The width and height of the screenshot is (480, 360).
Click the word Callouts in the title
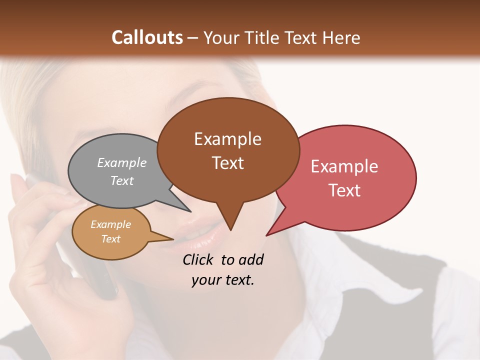147,37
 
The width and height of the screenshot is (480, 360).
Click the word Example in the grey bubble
122,162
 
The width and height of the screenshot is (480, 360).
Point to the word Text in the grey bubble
122,180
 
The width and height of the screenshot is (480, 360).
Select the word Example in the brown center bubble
227,139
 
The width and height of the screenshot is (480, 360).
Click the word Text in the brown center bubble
227,163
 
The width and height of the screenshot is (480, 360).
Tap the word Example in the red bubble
344,166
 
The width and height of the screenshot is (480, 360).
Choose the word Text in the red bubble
344,190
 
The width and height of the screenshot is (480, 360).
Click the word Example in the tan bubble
110,224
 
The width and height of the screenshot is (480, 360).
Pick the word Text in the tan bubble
110,239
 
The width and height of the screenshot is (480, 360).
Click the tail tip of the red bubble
267,234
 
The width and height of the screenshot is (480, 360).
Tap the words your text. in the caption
223,280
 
